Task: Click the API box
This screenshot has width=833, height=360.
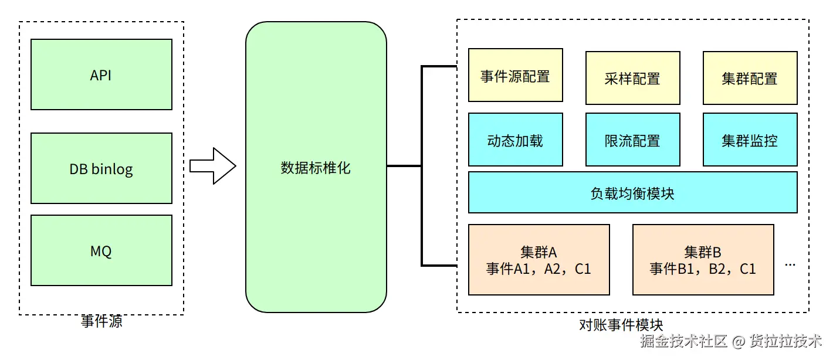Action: point(101,74)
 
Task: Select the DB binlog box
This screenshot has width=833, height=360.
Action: point(101,169)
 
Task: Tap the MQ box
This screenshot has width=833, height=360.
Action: point(101,250)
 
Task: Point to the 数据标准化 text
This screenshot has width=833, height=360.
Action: point(316,168)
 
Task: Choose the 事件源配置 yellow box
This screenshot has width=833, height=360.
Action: point(515,75)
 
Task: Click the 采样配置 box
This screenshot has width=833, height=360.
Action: point(632,78)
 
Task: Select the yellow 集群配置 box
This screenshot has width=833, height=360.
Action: point(750,78)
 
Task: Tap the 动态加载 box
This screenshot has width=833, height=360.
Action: point(515,140)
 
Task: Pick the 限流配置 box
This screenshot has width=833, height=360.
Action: point(632,140)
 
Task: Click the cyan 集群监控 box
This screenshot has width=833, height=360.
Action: point(750,140)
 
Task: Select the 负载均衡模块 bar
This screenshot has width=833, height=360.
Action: point(632,192)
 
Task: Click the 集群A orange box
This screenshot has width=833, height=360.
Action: point(539,260)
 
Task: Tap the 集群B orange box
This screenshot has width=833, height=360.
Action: point(703,260)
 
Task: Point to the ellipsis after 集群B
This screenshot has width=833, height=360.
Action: point(790,265)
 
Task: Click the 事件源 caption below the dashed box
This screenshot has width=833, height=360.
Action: point(101,322)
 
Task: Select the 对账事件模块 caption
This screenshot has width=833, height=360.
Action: point(621,324)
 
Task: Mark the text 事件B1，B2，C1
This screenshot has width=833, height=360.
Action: point(703,269)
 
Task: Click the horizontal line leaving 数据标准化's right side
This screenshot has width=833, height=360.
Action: point(404,166)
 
